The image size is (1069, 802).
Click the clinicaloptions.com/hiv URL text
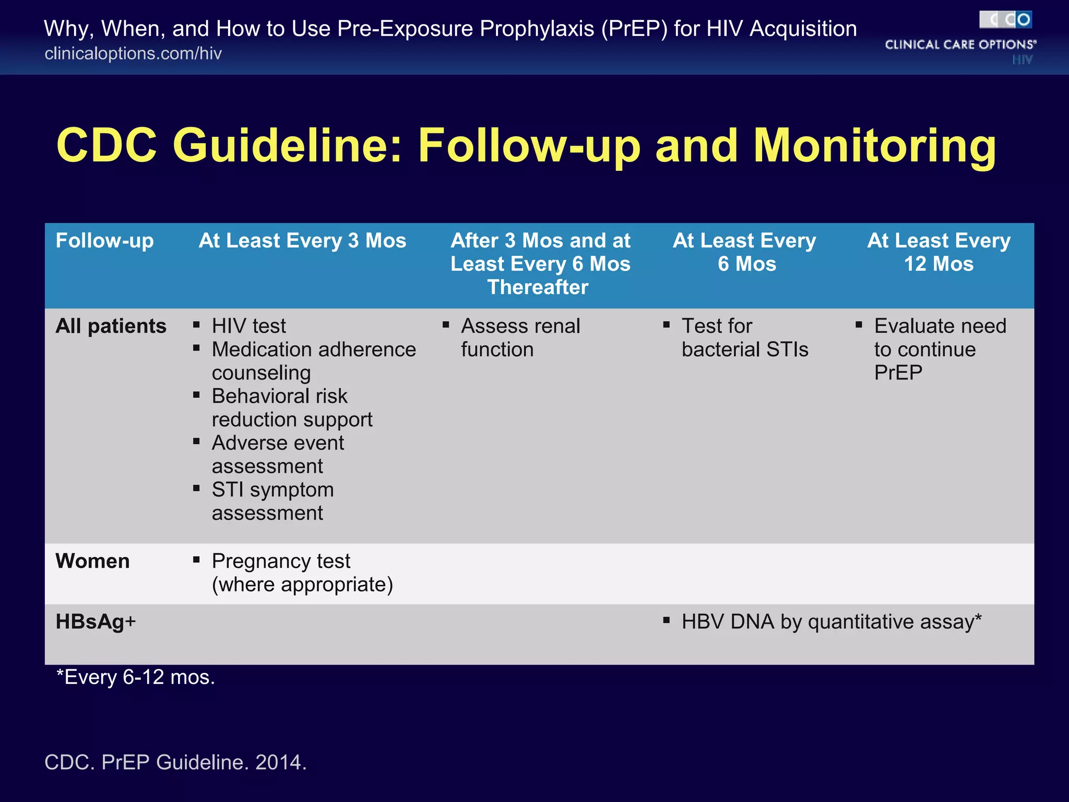pos(133,54)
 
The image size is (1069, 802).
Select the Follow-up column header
pos(104,241)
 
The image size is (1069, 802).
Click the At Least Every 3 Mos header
pos(302,241)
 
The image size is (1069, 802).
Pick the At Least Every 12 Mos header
pos(939,252)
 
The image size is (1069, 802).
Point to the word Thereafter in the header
pos(538,287)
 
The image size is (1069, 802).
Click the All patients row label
pos(111,326)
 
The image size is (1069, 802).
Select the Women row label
pos(92,561)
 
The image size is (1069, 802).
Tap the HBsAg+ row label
pos(96,622)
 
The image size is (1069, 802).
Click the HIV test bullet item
pos(248,326)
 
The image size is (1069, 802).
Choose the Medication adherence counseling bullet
pos(313,361)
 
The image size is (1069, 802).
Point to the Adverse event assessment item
pos(277,454)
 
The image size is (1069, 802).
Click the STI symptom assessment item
pos(272,501)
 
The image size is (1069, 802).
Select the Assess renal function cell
pos(520,338)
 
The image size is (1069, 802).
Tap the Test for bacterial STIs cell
pos(744,338)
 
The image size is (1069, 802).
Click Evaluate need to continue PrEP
pos(940,349)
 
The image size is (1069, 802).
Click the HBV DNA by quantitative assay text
pos(831,622)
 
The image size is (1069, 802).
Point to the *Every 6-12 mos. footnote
pos(135,677)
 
